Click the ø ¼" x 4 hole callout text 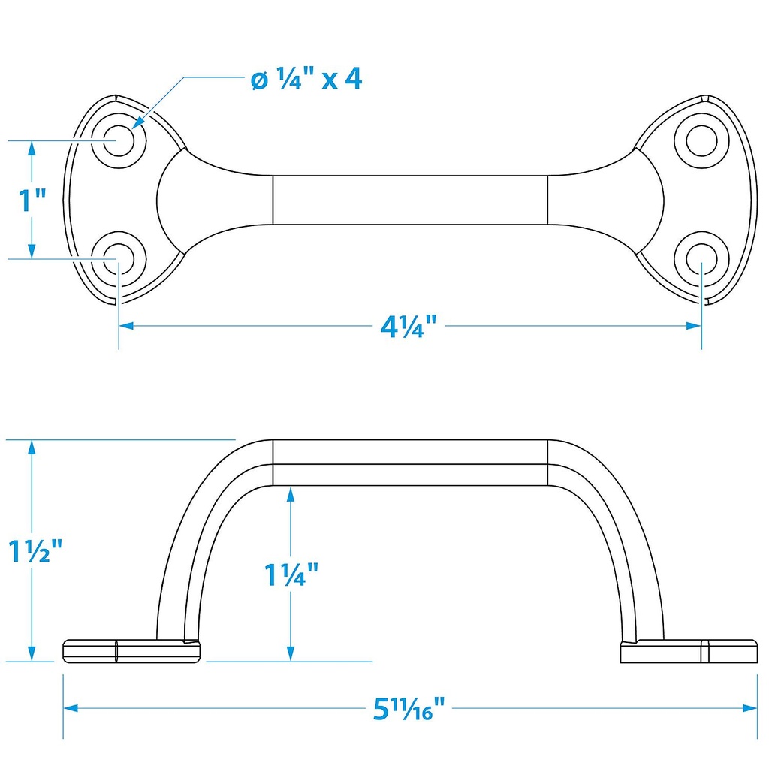pyautogui.click(x=306, y=78)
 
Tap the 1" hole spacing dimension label pyautogui.click(x=32, y=200)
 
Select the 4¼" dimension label pyautogui.click(x=409, y=326)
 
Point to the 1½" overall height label pyautogui.click(x=35, y=550)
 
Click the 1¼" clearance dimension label pyautogui.click(x=291, y=574)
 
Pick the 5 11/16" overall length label pyautogui.click(x=409, y=709)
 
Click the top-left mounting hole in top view pyautogui.click(x=119, y=140)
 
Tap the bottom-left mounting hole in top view pyautogui.click(x=118, y=258)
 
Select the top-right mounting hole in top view pyautogui.click(x=701, y=140)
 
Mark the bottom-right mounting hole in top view pyautogui.click(x=701, y=258)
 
